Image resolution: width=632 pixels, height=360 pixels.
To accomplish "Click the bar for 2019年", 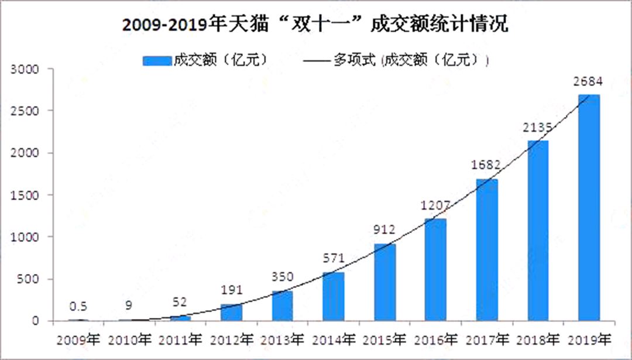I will (x=589, y=208).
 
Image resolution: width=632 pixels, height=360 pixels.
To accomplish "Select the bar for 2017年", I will (x=487, y=250).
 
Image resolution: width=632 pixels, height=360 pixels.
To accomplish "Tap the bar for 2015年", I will (x=384, y=282).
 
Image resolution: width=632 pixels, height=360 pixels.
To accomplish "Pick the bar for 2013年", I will (x=282, y=306).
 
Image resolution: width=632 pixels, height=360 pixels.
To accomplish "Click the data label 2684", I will (x=588, y=81).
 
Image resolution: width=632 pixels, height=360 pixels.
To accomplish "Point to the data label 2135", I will (x=538, y=128).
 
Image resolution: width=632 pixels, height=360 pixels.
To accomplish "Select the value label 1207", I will (x=435, y=206).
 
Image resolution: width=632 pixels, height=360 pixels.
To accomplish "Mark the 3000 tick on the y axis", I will (x=26, y=69).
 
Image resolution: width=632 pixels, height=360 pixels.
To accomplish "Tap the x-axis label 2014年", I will (x=333, y=339).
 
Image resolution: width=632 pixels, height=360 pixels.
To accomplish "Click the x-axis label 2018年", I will (x=538, y=339).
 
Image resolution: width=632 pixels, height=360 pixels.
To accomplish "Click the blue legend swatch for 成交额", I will (x=156, y=60).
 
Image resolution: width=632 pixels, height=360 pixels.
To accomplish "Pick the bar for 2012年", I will (x=231, y=312).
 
